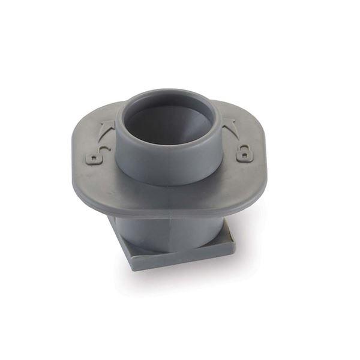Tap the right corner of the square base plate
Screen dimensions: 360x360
[233, 242]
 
